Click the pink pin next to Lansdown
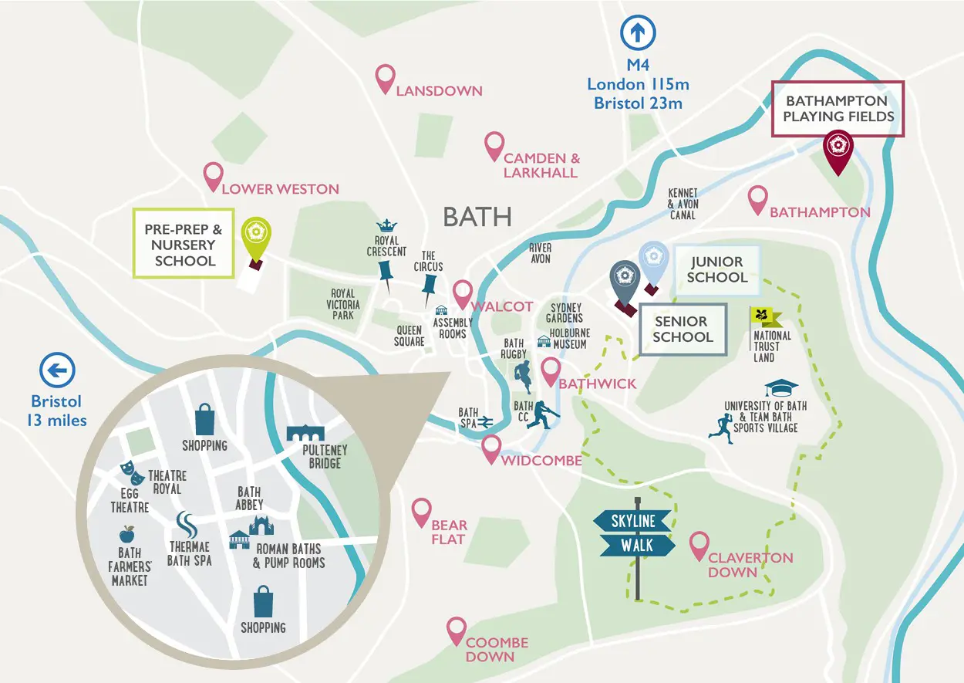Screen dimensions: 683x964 (385, 78)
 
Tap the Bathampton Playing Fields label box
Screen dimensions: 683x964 (838, 109)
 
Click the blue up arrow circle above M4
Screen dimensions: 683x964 (639, 32)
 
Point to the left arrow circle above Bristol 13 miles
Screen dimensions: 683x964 (57, 371)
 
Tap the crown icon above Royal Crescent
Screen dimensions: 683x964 (388, 226)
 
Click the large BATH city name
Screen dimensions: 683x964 (477, 217)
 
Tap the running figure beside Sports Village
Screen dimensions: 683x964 (720, 425)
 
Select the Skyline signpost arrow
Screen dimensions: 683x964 (633, 521)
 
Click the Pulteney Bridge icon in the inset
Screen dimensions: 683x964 (305, 433)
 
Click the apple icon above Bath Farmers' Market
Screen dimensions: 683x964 (126, 534)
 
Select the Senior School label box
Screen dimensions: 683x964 (682, 330)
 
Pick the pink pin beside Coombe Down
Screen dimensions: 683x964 (457, 631)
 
